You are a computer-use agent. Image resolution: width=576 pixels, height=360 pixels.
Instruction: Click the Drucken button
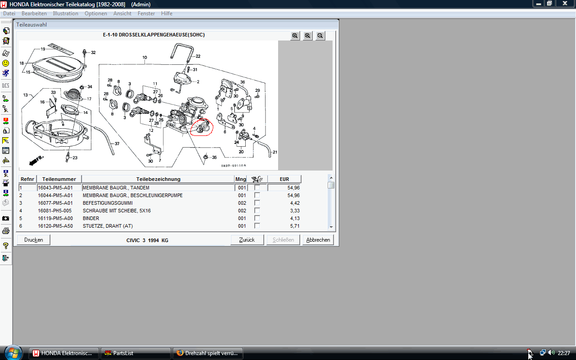33,240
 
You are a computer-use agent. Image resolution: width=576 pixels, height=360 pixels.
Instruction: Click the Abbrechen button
318,240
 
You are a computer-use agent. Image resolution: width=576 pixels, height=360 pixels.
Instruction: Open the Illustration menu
65,13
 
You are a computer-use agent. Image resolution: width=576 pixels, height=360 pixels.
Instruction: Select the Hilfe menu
166,13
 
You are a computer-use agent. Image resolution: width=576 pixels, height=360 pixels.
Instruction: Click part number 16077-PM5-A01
55,203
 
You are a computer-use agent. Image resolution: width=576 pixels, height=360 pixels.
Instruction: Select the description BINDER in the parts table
91,218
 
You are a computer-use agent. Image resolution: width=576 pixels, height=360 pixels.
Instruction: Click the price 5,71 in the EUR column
295,226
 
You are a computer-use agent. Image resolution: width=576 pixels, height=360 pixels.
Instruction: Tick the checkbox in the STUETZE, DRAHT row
257,226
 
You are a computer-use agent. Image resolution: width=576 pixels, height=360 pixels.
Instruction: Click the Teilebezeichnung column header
158,179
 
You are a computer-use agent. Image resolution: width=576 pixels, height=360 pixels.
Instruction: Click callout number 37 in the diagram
117,144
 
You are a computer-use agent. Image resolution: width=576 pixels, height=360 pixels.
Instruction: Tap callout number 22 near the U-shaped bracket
198,56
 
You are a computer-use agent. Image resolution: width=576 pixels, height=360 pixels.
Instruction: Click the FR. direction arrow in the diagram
36,160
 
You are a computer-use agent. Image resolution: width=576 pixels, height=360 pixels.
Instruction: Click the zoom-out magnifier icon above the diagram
320,36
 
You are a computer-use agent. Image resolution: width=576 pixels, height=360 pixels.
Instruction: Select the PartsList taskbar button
136,353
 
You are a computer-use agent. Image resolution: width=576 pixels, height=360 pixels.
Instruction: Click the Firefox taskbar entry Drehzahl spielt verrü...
208,353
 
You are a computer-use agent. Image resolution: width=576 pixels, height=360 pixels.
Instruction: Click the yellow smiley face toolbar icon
6,63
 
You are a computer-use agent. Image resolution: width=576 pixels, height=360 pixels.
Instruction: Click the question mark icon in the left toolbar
6,246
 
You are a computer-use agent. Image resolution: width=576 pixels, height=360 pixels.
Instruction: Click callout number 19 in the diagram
43,49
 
